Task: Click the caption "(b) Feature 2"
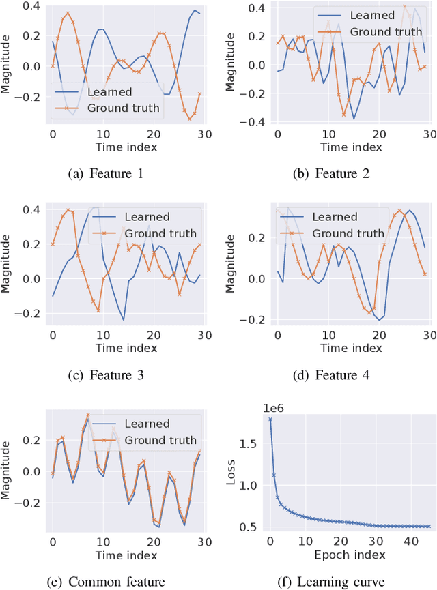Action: [331, 174]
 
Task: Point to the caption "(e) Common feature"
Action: [107, 581]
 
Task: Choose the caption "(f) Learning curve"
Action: [331, 581]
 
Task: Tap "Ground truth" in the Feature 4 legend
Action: [348, 234]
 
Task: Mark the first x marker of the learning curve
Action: [270, 419]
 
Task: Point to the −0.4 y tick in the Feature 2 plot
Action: [257, 123]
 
